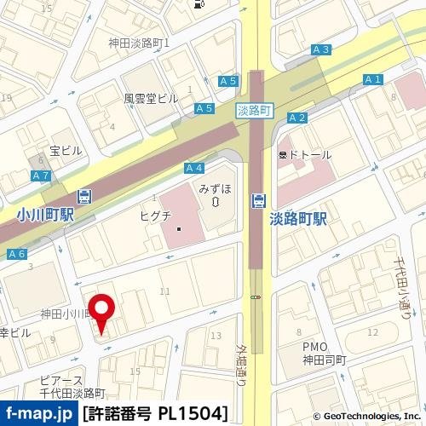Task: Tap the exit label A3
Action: pyautogui.click(x=320, y=50)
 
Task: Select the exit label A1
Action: pyautogui.click(x=371, y=80)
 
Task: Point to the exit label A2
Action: pyautogui.click(x=296, y=118)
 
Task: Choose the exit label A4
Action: pyautogui.click(x=193, y=168)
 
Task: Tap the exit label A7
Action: pyautogui.click(x=40, y=176)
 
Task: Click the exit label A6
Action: pyautogui.click(x=16, y=255)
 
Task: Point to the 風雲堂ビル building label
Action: pyautogui.click(x=151, y=99)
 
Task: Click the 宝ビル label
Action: pyautogui.click(x=66, y=151)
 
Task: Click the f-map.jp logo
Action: pyautogui.click(x=38, y=414)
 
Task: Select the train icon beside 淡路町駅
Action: pyautogui.click(x=257, y=201)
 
